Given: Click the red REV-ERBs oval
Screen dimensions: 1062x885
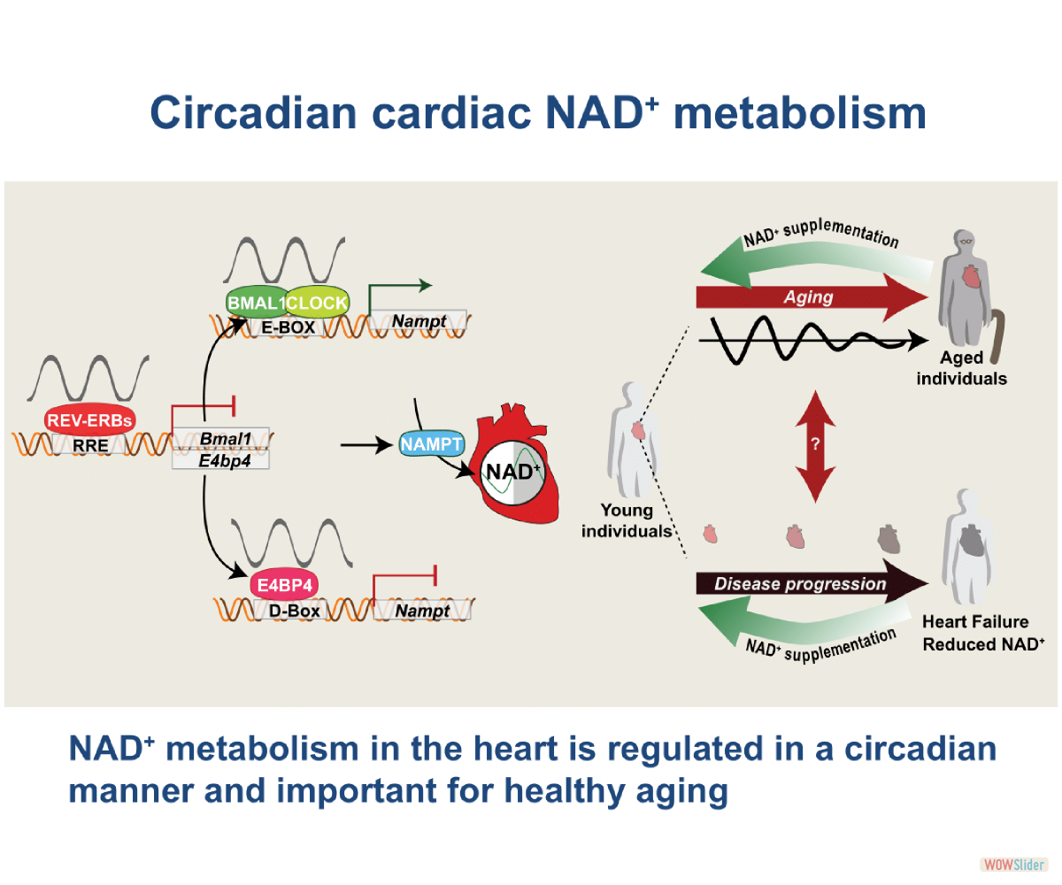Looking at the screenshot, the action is pyautogui.click(x=90, y=419).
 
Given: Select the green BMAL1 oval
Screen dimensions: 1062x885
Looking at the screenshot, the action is pyautogui.click(x=256, y=303).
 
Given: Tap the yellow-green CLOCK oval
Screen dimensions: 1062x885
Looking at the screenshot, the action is pyautogui.click(x=318, y=303).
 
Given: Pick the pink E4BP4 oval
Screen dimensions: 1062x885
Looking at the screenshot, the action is pyautogui.click(x=284, y=585).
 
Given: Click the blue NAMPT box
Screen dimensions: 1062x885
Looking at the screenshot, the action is pyautogui.click(x=432, y=444).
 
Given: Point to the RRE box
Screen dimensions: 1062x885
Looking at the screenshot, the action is pyautogui.click(x=89, y=445).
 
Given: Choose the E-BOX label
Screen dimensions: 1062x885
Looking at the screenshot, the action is pyautogui.click(x=288, y=327).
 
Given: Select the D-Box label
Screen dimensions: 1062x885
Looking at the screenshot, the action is pyautogui.click(x=294, y=611).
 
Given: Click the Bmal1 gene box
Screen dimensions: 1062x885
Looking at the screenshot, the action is pyautogui.click(x=220, y=438).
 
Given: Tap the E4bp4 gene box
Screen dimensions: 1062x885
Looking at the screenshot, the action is pyautogui.click(x=220, y=460).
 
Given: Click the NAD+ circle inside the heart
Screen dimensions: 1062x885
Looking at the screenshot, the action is pyautogui.click(x=512, y=473).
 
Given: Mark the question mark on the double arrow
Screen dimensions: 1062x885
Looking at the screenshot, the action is pyautogui.click(x=815, y=443).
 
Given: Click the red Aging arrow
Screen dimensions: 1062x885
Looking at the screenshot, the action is pyautogui.click(x=812, y=297).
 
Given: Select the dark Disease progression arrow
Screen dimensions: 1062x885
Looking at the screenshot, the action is pyautogui.click(x=812, y=583).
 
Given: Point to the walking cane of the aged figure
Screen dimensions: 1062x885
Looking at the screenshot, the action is pyautogui.click(x=997, y=335).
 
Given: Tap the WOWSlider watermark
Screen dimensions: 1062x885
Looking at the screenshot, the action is pyautogui.click(x=1013, y=865).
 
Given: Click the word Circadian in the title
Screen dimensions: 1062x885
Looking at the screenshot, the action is pyautogui.click(x=253, y=113).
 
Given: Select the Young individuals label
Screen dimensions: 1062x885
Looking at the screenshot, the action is pyautogui.click(x=627, y=520).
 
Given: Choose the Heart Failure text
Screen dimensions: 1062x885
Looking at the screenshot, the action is pyautogui.click(x=975, y=621).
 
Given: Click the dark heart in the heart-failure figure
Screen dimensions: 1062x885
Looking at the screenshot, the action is pyautogui.click(x=971, y=541).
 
